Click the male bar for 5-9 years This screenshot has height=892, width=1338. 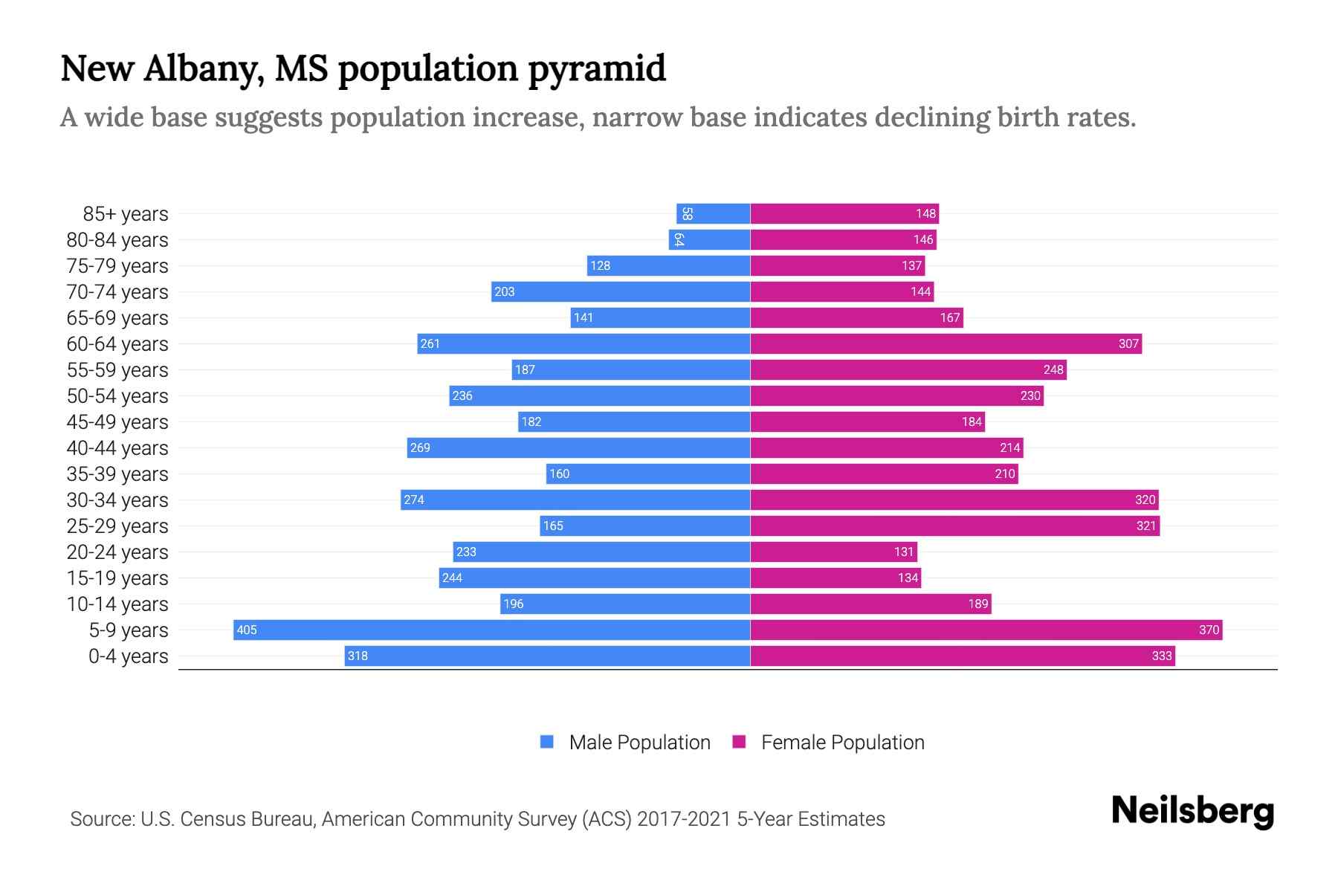pos(491,630)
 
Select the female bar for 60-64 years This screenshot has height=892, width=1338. pos(946,343)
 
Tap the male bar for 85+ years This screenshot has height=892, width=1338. pos(713,213)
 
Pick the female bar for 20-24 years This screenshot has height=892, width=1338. pos(833,552)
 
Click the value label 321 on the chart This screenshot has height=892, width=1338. pos(1145,526)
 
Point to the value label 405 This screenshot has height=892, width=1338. pos(246,630)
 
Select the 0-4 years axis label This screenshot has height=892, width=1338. pos(128,656)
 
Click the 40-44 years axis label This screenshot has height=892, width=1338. pos(117,448)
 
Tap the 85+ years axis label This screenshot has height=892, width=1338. pos(126,214)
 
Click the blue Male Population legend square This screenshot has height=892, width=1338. pos(547,742)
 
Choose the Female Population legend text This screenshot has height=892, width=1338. pos(842,742)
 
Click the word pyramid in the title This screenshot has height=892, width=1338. pos(597,68)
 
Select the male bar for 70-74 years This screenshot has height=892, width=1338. pos(621,291)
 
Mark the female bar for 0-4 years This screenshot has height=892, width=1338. pos(963,656)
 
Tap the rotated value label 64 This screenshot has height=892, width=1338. pos(678,239)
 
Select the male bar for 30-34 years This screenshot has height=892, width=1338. pos(575,500)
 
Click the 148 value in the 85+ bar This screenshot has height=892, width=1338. pos(925,213)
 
